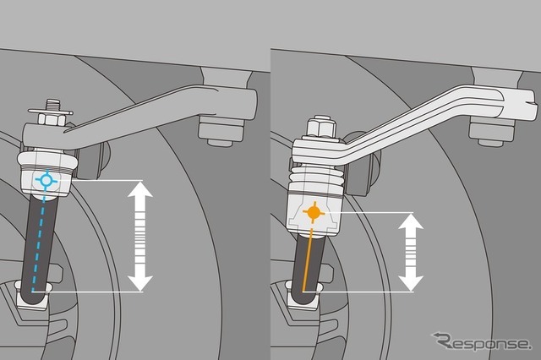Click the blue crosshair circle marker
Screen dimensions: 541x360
[x=46, y=180]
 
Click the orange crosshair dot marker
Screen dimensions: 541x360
[x=314, y=212]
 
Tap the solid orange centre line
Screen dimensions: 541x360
[x=308, y=259]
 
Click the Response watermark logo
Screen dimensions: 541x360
[x=481, y=341]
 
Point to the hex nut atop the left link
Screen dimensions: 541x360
[x=52, y=119]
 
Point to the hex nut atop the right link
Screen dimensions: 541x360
[x=321, y=127]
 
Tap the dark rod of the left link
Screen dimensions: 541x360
[x=39, y=242]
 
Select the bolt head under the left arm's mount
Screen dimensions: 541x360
[x=221, y=132]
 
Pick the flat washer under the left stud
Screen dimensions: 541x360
[x=51, y=112]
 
